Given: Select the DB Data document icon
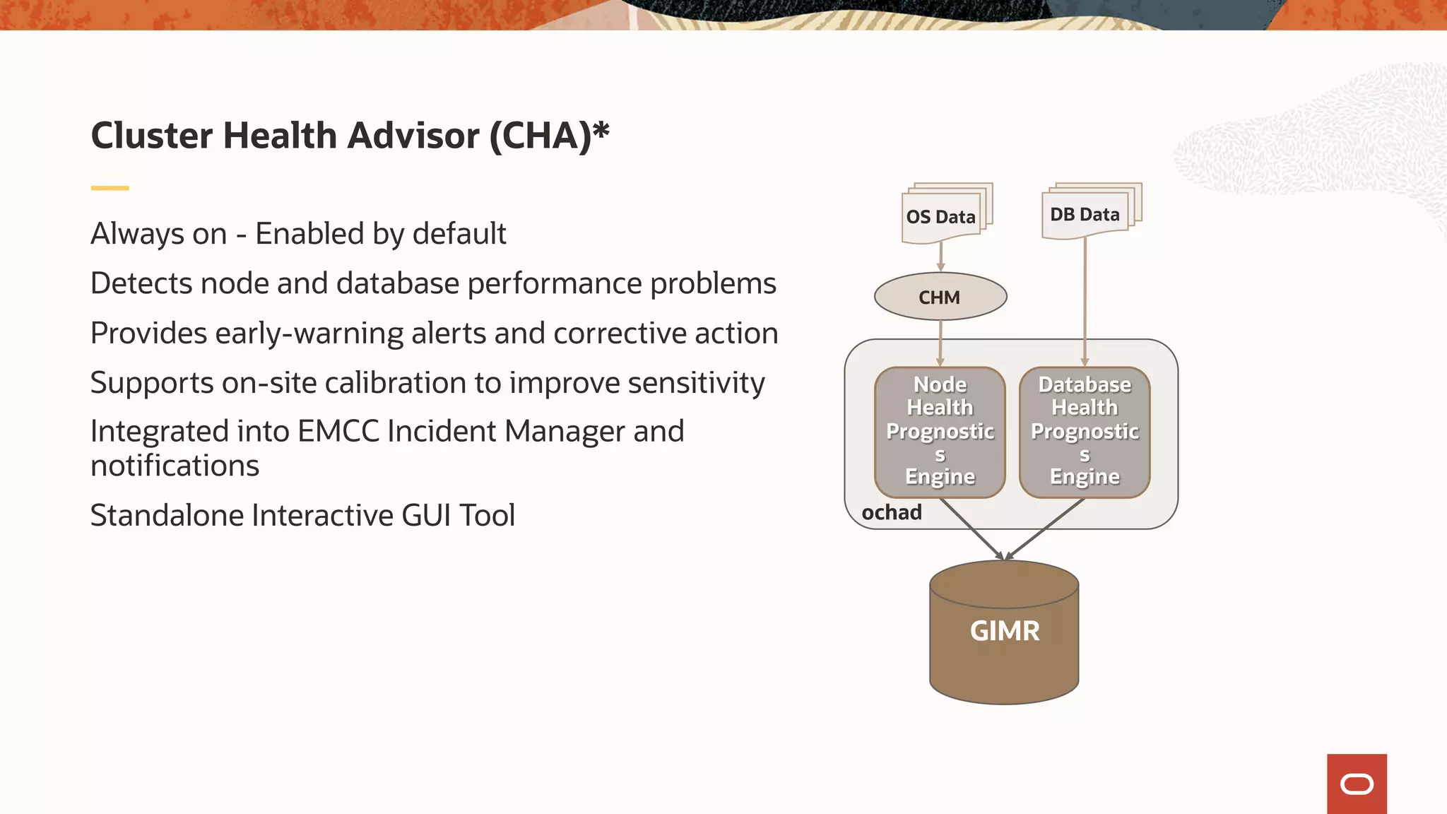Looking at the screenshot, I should coord(1087,213).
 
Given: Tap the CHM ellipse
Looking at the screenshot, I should coord(940,297).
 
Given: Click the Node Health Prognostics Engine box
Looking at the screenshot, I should coord(940,431).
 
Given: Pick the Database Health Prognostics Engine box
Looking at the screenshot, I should coord(1085,431).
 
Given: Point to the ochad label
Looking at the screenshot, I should coord(892,512).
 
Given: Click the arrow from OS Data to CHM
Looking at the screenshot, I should coord(940,257).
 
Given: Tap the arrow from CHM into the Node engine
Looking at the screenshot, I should coord(940,343).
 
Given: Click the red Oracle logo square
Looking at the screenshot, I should coord(1357,784).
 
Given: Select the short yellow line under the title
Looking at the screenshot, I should coord(110,188).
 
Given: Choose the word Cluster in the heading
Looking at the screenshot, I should coord(151,136).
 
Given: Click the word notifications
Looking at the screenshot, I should coord(175,466).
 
